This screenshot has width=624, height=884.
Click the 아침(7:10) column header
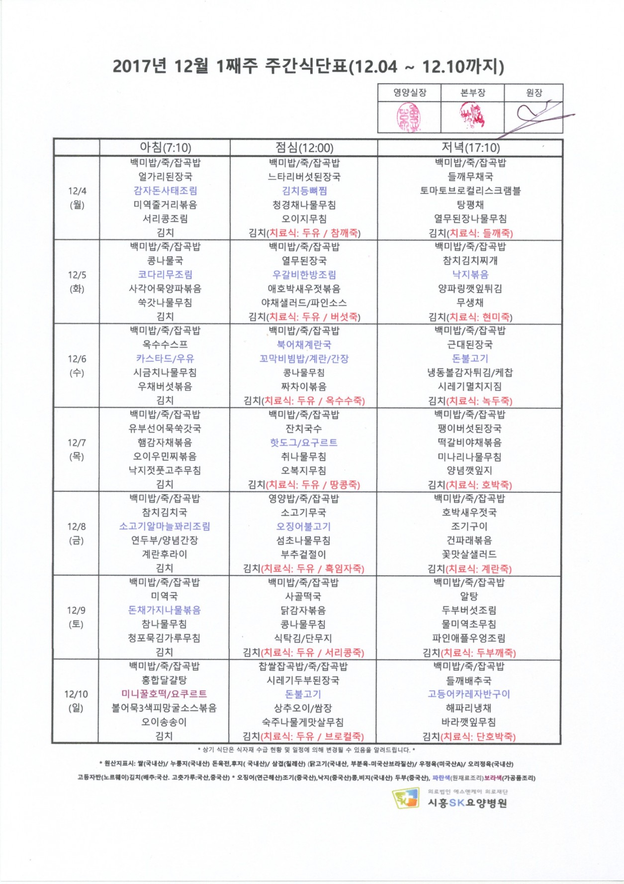165,147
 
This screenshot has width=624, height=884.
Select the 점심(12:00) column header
304,147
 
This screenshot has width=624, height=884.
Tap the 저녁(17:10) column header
470,147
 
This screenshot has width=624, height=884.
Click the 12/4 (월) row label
77,198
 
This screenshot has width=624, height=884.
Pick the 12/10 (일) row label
76,701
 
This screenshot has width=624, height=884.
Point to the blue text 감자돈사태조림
165,191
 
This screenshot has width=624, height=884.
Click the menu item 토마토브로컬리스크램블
470,191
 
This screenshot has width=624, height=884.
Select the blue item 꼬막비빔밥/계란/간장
304,358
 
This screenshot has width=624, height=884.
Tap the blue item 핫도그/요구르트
304,442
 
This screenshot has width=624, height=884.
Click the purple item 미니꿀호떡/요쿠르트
164,694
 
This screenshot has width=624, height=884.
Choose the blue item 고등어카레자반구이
469,694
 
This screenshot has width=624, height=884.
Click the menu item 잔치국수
304,429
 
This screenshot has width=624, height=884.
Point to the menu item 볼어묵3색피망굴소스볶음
164,708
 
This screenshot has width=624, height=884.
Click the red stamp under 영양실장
409,118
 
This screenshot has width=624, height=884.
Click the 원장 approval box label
534,93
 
